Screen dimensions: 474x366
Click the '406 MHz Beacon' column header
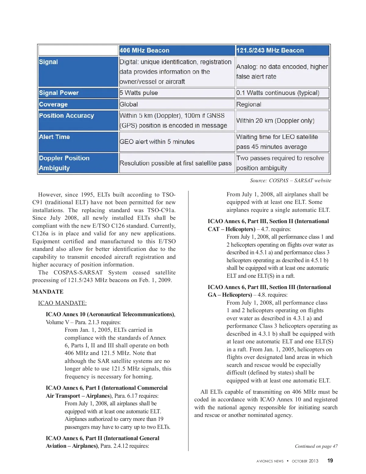(x=145, y=50)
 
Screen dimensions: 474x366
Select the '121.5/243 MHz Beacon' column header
(x=270, y=50)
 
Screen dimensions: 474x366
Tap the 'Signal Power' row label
(x=59, y=93)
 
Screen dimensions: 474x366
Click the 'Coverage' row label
(x=53, y=104)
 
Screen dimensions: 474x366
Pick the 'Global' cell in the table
(x=129, y=104)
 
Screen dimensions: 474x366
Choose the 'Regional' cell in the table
(x=249, y=104)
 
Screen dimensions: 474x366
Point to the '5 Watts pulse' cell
(x=139, y=93)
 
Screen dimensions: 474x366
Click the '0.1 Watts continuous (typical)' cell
(x=278, y=93)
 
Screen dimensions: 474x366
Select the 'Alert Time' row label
(x=55, y=137)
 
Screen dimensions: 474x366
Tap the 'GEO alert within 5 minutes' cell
(x=157, y=142)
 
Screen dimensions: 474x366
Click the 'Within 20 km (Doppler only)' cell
(x=275, y=121)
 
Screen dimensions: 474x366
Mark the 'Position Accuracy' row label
(x=66, y=116)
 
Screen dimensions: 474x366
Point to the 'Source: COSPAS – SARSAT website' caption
(x=290, y=180)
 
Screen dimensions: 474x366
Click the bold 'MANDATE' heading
(x=48, y=292)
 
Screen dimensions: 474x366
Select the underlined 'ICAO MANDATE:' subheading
(x=62, y=303)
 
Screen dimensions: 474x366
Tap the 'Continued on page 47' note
(x=316, y=446)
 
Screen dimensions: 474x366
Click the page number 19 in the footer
(x=330, y=461)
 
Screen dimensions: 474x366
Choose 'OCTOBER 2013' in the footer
(x=305, y=461)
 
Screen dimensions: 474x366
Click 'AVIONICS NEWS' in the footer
(x=270, y=461)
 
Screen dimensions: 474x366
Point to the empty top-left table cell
(x=78, y=50)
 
